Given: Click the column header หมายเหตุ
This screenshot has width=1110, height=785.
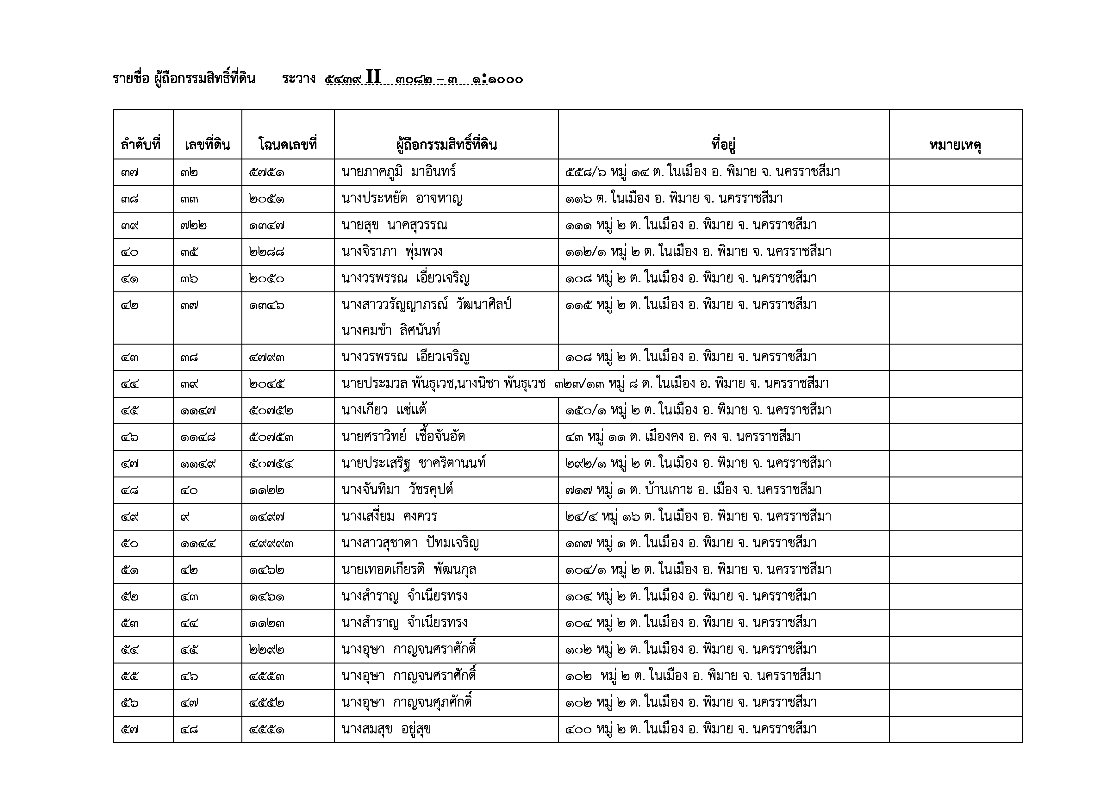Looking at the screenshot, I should pyautogui.click(x=955, y=145).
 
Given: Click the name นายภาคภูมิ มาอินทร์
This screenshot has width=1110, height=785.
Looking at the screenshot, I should pyautogui.click(x=398, y=172).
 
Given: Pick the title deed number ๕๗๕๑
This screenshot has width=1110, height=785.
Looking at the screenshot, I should pyautogui.click(x=266, y=172).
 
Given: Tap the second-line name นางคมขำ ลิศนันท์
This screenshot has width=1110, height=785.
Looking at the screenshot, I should pyautogui.click(x=391, y=331).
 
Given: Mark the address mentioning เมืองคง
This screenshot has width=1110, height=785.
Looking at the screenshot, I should pyautogui.click(x=683, y=437).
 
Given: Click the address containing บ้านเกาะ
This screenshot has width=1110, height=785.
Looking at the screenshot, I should pyautogui.click(x=693, y=490).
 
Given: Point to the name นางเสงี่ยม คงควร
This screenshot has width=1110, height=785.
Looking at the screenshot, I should pyautogui.click(x=389, y=517).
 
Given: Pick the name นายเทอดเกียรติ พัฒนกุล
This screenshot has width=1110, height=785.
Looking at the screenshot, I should pyautogui.click(x=408, y=570).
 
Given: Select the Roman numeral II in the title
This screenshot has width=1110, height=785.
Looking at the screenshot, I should pyautogui.click(x=373, y=77).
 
